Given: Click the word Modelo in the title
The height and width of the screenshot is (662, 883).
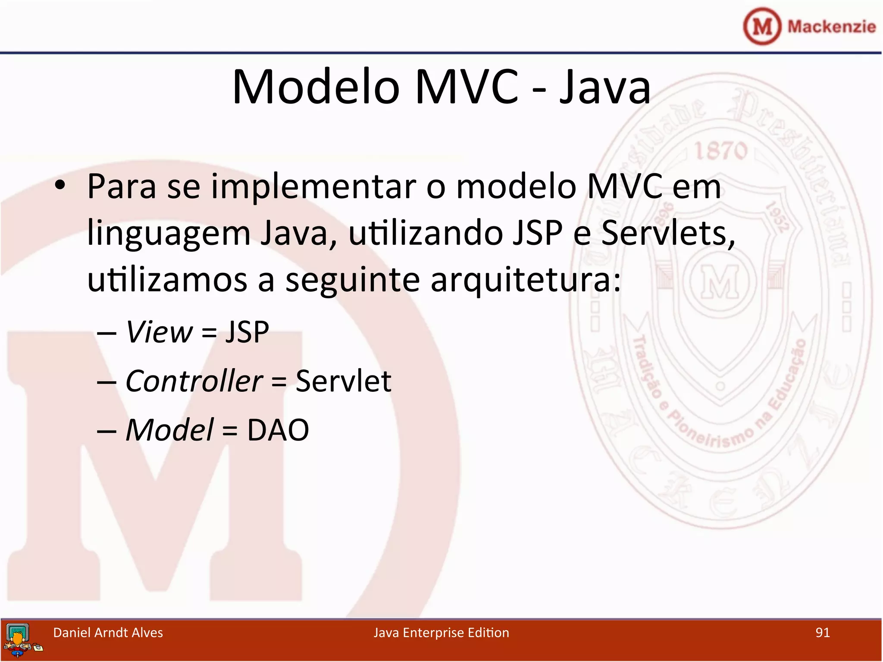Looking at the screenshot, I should tap(316, 87).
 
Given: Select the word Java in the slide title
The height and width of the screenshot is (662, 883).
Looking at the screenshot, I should tap(604, 87).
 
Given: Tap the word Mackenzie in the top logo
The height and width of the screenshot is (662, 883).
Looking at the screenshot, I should tap(831, 27).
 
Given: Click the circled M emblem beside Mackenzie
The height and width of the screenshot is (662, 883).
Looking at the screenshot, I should tap(762, 27).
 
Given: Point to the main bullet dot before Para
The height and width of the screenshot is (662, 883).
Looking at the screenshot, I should tap(60, 186).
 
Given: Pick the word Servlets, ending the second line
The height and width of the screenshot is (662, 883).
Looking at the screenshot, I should tap(668, 233).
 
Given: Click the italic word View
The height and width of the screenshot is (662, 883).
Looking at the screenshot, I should tap(159, 332).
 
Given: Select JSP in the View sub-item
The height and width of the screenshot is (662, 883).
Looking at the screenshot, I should tap(247, 332).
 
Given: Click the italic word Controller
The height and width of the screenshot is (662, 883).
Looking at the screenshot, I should tap(194, 381).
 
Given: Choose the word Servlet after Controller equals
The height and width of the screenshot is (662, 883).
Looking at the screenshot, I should tap(343, 381).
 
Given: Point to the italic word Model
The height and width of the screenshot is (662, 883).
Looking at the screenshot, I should tap(169, 430).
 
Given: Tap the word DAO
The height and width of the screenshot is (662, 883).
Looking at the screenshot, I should tap(278, 430).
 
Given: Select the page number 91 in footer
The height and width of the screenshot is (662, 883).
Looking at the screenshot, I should tap(822, 632).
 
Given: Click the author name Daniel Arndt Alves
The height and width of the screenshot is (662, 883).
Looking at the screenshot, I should tap(108, 632).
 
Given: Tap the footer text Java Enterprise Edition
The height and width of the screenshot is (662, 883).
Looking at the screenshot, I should tap(441, 632).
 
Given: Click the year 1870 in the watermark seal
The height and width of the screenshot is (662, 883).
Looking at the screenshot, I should tap(720, 151).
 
